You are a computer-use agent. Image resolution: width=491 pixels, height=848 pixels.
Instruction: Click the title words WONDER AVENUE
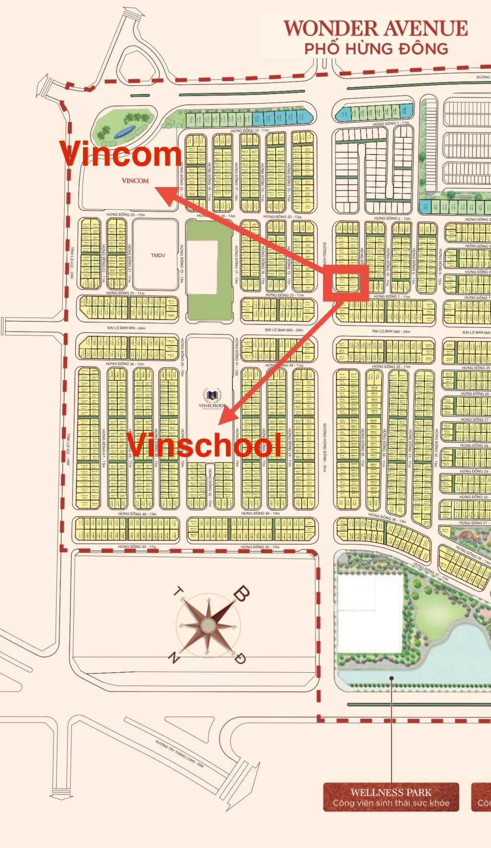375,29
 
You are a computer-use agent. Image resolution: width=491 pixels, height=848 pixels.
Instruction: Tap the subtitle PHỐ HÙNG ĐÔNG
376,49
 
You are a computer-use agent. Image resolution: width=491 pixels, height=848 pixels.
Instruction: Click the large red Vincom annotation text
120,154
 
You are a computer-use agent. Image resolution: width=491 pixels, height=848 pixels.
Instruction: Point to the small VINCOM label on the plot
135,181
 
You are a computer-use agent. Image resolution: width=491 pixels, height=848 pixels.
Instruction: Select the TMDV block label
158,255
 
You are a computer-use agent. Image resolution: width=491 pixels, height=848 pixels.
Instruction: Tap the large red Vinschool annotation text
204,445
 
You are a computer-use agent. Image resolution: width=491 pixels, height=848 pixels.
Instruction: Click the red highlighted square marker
346,283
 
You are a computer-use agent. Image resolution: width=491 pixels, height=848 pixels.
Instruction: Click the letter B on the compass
241,594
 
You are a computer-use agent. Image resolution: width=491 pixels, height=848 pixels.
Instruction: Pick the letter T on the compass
178,592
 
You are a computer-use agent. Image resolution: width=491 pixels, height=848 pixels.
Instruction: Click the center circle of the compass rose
208,625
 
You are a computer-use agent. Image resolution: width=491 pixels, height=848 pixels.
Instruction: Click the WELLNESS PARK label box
391,797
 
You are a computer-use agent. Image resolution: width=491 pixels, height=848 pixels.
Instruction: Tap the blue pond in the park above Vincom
125,131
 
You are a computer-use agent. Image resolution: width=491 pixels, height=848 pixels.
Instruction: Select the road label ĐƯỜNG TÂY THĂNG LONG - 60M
180,754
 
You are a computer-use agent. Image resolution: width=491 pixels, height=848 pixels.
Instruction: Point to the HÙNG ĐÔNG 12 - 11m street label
249,131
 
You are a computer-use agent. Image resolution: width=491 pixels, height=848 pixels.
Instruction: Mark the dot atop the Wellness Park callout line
392,678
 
